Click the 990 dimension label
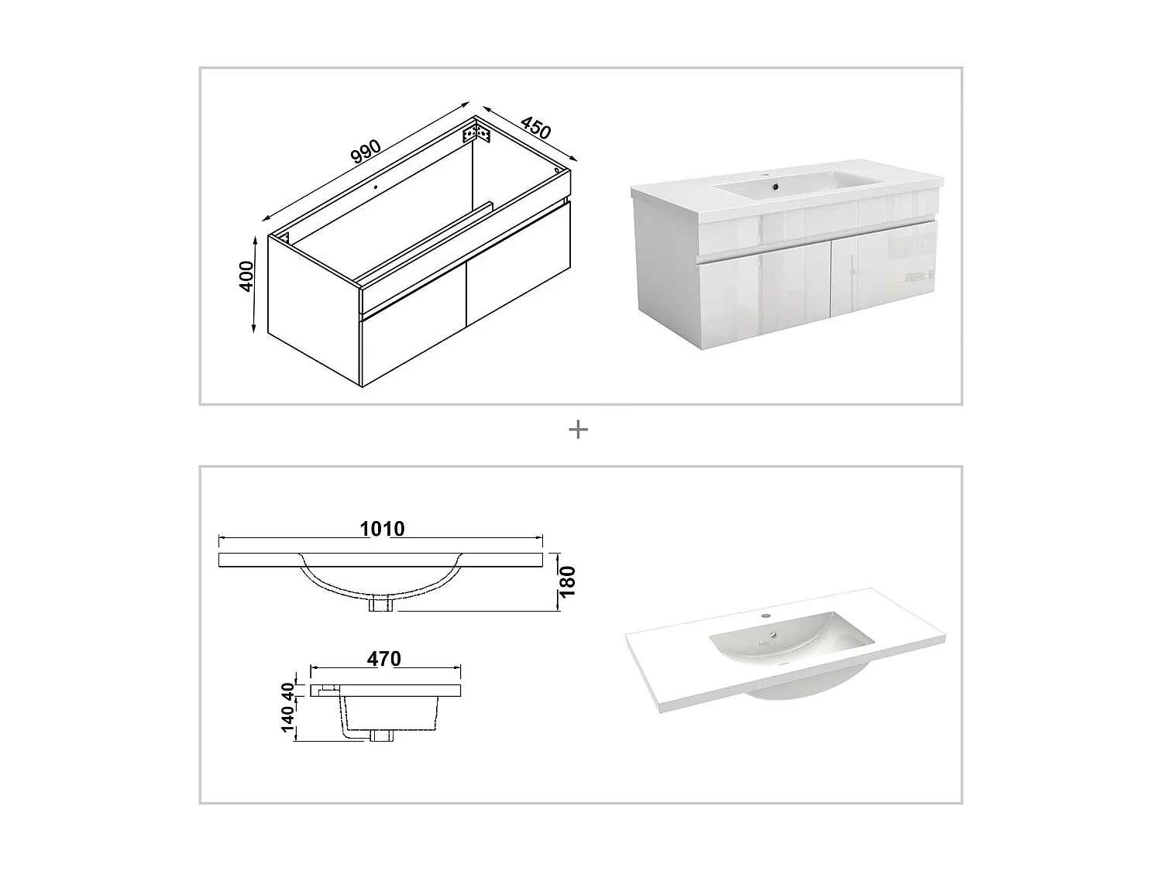tap(366, 151)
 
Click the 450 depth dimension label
tap(536, 128)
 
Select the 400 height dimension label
tap(246, 276)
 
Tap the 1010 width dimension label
tap(382, 529)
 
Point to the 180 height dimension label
tap(568, 581)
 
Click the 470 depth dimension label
tap(383, 659)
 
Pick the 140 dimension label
tap(288, 718)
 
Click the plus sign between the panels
tap(578, 430)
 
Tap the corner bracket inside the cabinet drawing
tap(476, 132)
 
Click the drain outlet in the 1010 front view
tap(380, 603)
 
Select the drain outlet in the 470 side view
tap(381, 735)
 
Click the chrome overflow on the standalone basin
tap(773, 634)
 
